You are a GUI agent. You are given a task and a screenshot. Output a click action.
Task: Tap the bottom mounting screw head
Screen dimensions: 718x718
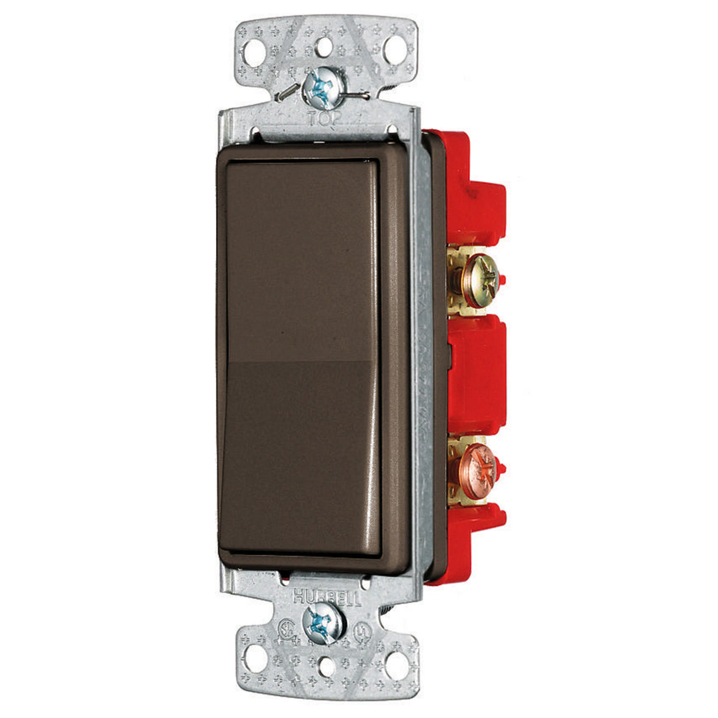point(324,623)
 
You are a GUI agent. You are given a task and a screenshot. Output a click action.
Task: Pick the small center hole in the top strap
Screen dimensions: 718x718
point(324,47)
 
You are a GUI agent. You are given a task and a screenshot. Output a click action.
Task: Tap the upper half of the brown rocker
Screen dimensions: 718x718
point(299,259)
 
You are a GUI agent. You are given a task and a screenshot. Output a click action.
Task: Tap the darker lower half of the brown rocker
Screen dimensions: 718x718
point(299,459)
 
